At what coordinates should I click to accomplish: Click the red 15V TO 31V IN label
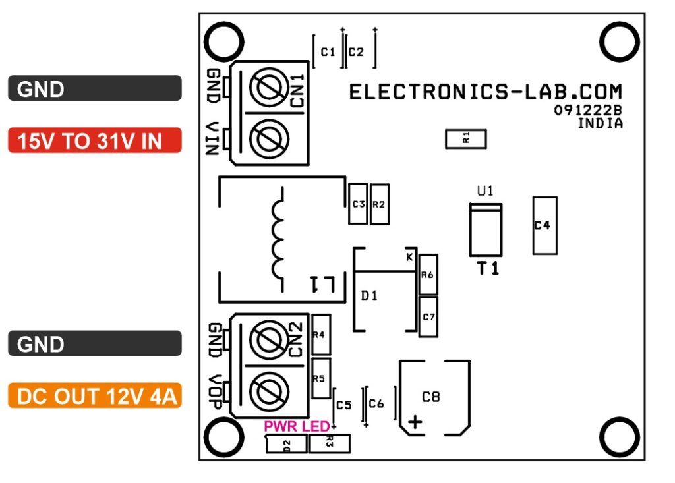[x=94, y=140]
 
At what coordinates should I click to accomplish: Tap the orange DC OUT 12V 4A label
[x=94, y=396]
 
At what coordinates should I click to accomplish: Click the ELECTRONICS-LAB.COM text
[x=485, y=92]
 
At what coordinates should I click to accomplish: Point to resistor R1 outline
[x=466, y=138]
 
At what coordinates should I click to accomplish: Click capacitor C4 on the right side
[x=544, y=225]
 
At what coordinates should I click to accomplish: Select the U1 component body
[x=485, y=231]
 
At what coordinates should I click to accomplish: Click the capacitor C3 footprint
[x=358, y=204]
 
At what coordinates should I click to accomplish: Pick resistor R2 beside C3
[x=379, y=204]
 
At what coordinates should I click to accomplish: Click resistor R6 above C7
[x=428, y=275]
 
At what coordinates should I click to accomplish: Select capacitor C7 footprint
[x=428, y=317]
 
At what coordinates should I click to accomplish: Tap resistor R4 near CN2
[x=320, y=335]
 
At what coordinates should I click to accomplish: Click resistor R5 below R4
[x=320, y=378]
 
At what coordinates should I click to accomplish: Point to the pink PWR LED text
[x=296, y=426]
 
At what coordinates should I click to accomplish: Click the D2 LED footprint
[x=286, y=445]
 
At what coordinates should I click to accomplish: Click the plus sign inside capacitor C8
[x=415, y=422]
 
